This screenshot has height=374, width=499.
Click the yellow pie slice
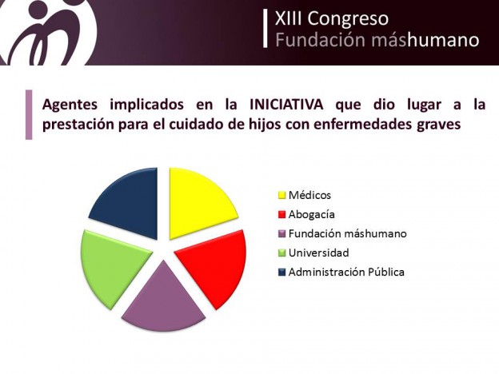(198, 201)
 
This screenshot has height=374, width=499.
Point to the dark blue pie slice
(129, 201)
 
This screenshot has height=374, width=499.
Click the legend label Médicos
(309, 195)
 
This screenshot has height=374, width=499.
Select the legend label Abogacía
(312, 215)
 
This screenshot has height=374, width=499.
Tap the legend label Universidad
(318, 253)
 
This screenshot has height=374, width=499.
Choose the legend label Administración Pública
(346, 273)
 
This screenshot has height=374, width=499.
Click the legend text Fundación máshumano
(348, 233)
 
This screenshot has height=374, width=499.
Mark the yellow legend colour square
(282, 195)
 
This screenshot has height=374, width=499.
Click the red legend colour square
(282, 215)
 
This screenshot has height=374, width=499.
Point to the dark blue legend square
(282, 273)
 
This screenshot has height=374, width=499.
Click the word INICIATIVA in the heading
(286, 105)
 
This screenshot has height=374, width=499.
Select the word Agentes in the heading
(70, 105)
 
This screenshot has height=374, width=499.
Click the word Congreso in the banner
(348, 18)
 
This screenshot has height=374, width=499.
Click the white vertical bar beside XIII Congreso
(265, 29)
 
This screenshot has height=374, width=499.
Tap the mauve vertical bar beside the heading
(29, 115)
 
